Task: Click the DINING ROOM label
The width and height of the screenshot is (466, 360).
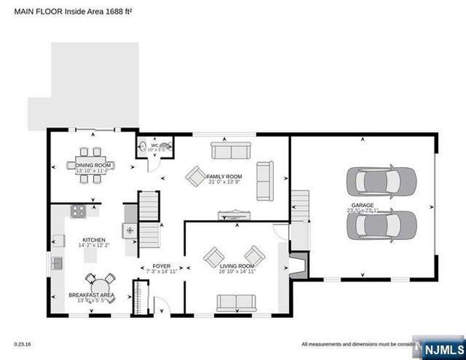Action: click(93, 164)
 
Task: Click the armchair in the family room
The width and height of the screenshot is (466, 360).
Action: click(197, 176)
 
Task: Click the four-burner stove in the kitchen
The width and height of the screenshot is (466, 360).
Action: click(78, 211)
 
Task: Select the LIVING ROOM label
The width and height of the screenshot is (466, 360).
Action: click(236, 266)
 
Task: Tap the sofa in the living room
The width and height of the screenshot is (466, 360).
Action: click(236, 302)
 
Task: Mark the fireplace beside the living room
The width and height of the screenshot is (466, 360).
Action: click(298, 265)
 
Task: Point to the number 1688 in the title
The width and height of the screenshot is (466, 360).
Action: click(113, 10)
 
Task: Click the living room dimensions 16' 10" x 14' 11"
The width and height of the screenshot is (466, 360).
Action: click(236, 272)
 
